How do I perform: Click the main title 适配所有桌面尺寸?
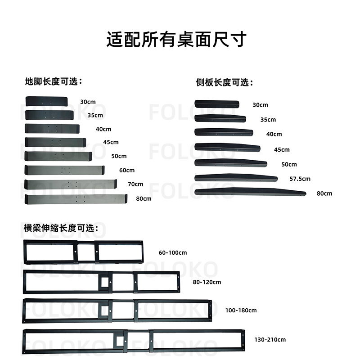click(x=176, y=40)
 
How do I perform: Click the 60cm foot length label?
click(x=126, y=170)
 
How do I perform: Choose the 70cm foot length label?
click(x=135, y=184)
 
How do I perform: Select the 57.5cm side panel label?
click(x=300, y=179)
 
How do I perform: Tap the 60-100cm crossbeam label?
click(x=172, y=252)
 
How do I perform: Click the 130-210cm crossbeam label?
click(x=270, y=339)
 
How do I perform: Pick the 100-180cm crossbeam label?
click(x=241, y=310)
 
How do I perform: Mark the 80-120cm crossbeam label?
click(x=207, y=282)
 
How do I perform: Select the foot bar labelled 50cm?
click(x=58, y=156)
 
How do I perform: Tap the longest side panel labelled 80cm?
click(x=250, y=192)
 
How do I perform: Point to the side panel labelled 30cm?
click(x=217, y=104)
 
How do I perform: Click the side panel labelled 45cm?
click(x=228, y=147)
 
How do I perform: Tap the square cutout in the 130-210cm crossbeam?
click(x=120, y=340)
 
